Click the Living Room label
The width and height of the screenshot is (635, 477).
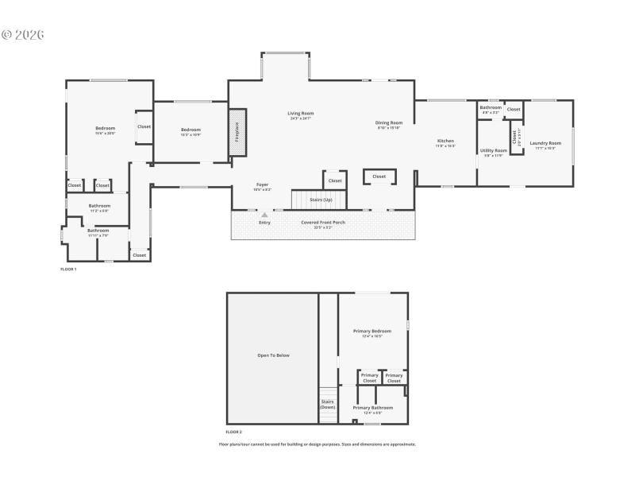point(301,114)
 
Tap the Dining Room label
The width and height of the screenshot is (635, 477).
point(389,122)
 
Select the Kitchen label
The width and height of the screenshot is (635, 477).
point(445,141)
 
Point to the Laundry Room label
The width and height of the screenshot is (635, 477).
point(545,143)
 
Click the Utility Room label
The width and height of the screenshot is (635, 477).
point(494,150)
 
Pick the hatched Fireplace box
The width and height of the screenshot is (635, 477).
point(237,131)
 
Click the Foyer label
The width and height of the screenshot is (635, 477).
point(262,184)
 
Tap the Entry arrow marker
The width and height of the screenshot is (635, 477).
point(264,215)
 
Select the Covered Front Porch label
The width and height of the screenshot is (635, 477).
point(323,222)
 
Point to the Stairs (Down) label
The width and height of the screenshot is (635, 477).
point(328,404)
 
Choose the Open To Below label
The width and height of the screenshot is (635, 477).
point(273,355)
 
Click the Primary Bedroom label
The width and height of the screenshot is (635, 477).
point(372,331)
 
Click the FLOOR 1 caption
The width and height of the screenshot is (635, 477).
point(68,270)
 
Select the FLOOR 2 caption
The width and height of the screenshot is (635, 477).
point(234,432)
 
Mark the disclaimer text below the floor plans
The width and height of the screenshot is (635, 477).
point(317,444)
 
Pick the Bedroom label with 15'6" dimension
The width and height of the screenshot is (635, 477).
point(106,129)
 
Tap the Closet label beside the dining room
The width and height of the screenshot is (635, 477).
point(379,176)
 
